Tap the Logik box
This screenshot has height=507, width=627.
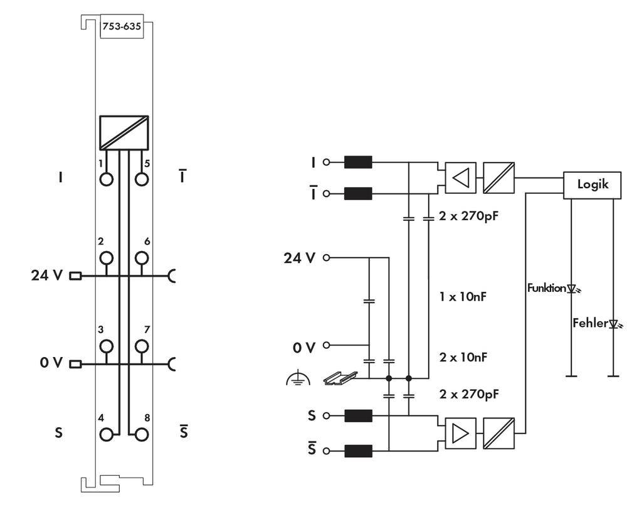pos(593,185)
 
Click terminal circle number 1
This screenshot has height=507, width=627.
pos(107,178)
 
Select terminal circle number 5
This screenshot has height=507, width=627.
pos(143,178)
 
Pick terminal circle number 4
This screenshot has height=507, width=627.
pos(107,434)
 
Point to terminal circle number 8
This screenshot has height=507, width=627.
pos(143,434)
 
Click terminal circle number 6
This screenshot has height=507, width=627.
pos(143,258)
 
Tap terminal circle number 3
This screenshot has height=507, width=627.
pos(107,346)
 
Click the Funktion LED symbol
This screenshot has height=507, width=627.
pos(572,289)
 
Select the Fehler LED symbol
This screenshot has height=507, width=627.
pos(615,324)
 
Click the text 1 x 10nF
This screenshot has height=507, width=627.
pos(462,296)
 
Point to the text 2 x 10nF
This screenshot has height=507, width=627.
pos(463,357)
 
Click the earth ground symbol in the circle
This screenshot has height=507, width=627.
pos(298,378)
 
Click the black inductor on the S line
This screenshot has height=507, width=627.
pos(358,415)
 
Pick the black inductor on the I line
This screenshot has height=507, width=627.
pos(358,163)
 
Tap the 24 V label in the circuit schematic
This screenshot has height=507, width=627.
pos(300,258)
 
